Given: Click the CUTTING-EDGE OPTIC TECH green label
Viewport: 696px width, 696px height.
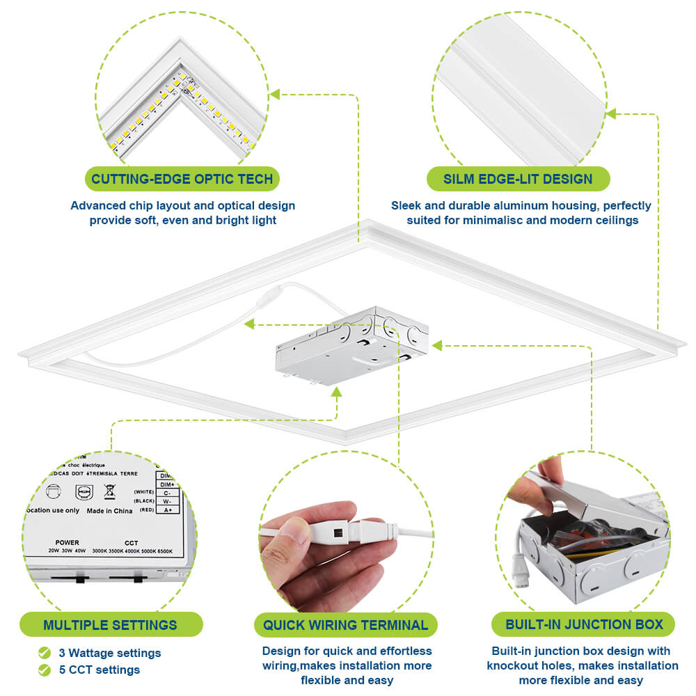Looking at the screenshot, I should click(182, 179).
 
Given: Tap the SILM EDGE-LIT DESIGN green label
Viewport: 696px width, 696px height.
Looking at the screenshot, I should click(518, 179).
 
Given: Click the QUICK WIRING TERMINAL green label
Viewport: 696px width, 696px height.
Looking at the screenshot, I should click(345, 624).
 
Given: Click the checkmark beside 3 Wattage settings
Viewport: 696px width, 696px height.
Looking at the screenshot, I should click(45, 653).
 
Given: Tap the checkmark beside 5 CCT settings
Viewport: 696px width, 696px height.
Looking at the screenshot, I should click(45, 670).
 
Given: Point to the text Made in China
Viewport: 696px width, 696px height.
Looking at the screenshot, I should click(109, 510).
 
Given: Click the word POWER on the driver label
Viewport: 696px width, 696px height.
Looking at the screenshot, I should click(68, 542).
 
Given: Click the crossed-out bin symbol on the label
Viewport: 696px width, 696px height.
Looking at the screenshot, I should click(109, 492).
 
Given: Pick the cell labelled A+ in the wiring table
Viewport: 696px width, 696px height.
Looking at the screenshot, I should click(168, 510).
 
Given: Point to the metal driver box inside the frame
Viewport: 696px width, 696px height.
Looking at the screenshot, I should click(348, 348).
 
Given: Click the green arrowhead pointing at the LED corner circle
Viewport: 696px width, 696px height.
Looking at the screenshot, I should click(275, 94).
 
